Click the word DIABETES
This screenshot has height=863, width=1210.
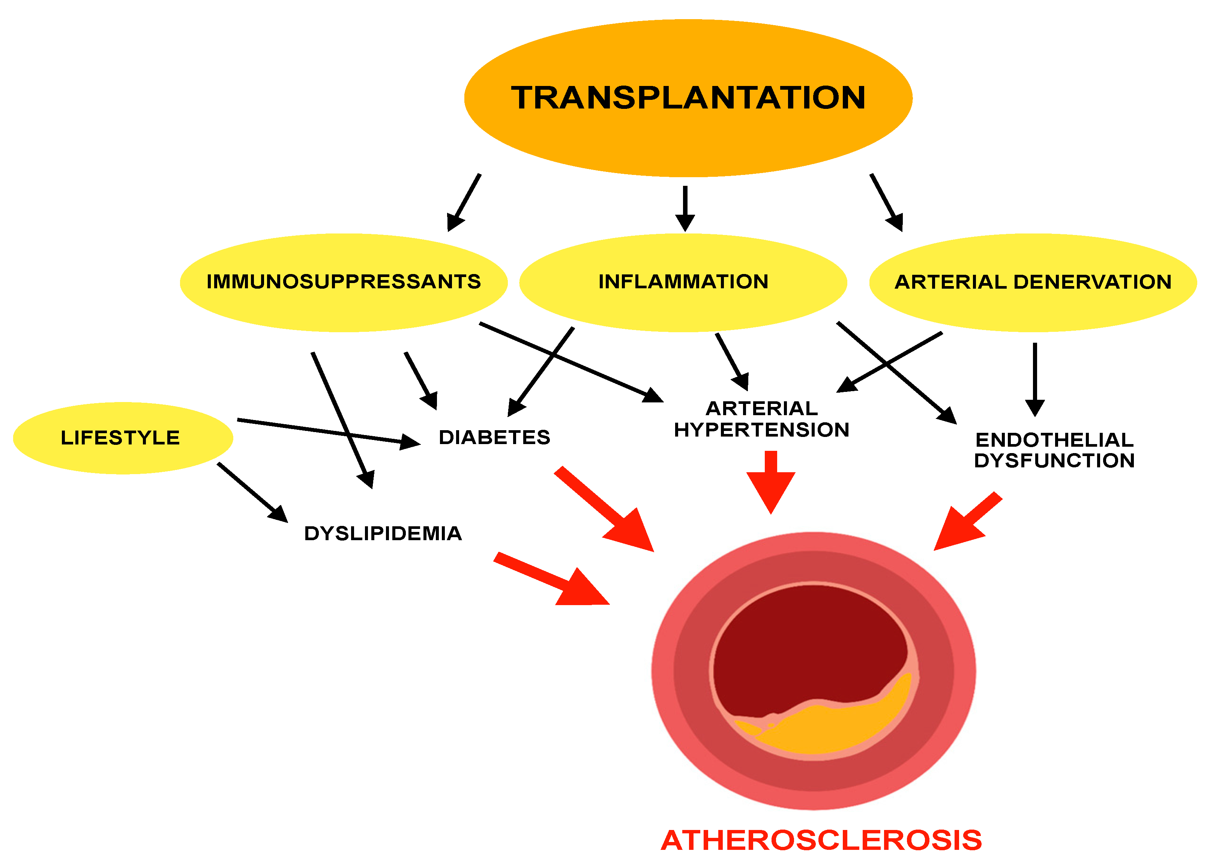pos(494,437)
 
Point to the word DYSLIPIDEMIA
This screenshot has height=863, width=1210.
pos(383,533)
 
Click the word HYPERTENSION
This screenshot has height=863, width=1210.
pos(761,430)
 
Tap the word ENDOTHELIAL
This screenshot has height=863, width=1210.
pos(1054,440)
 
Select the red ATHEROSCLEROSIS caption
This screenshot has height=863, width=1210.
pos(821,840)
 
